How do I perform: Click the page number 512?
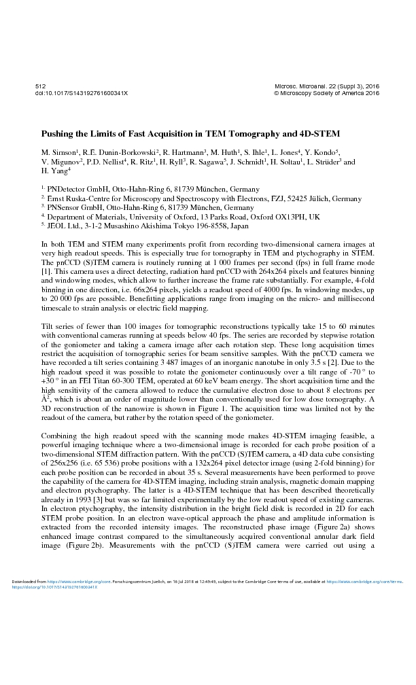39,87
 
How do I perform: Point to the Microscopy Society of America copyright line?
326,93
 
